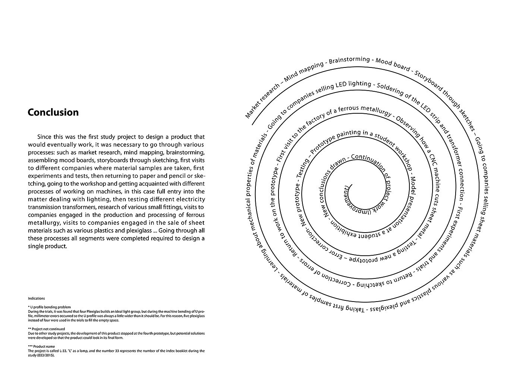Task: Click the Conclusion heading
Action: tap(53, 113)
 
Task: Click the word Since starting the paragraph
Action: tap(45, 137)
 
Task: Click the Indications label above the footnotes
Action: tap(36, 299)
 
